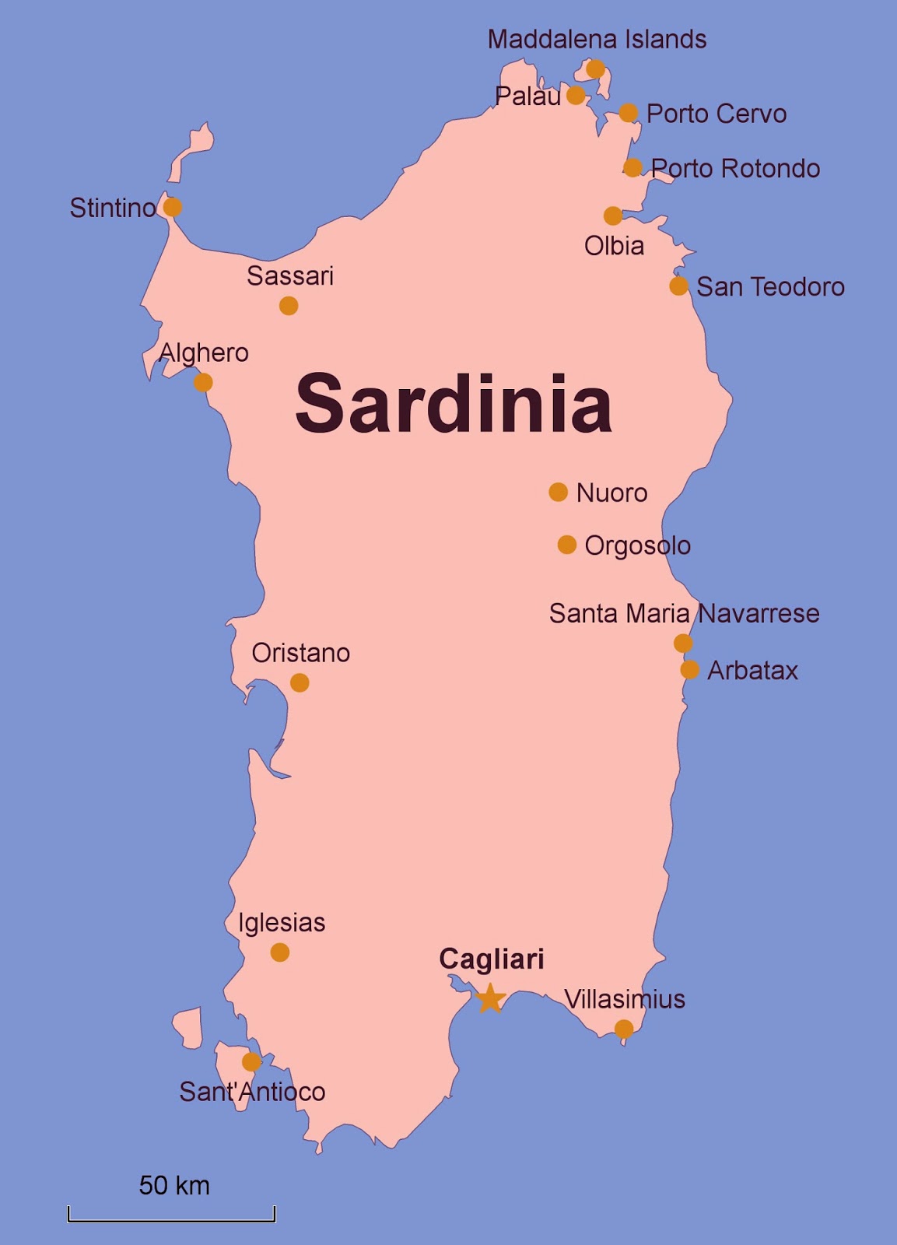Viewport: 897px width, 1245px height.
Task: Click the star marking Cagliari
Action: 490,998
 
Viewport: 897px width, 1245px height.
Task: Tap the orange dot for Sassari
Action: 289,306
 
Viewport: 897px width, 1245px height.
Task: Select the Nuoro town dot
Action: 558,492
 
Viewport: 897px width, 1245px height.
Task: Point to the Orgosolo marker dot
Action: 567,545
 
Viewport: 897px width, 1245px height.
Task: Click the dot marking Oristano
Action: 300,682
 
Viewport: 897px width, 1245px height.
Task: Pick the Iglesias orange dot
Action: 280,952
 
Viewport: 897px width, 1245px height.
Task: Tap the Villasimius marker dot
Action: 624,1029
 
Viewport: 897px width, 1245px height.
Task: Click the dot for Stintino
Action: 173,207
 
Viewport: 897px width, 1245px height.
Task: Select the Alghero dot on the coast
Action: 203,382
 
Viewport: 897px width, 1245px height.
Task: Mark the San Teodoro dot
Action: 678,286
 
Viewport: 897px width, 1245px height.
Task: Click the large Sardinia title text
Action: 454,404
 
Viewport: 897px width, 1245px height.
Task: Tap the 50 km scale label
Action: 174,1185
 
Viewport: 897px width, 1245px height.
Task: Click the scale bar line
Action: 171,1220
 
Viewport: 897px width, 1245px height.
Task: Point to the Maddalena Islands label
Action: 597,40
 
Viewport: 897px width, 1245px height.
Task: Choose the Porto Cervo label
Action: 717,114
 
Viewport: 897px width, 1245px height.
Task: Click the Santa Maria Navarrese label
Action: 684,613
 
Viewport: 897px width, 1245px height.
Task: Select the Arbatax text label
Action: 752,671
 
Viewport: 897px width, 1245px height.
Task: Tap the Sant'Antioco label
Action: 252,1092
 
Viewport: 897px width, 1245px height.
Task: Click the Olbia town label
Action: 614,246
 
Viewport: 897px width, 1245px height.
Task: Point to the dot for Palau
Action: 576,96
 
